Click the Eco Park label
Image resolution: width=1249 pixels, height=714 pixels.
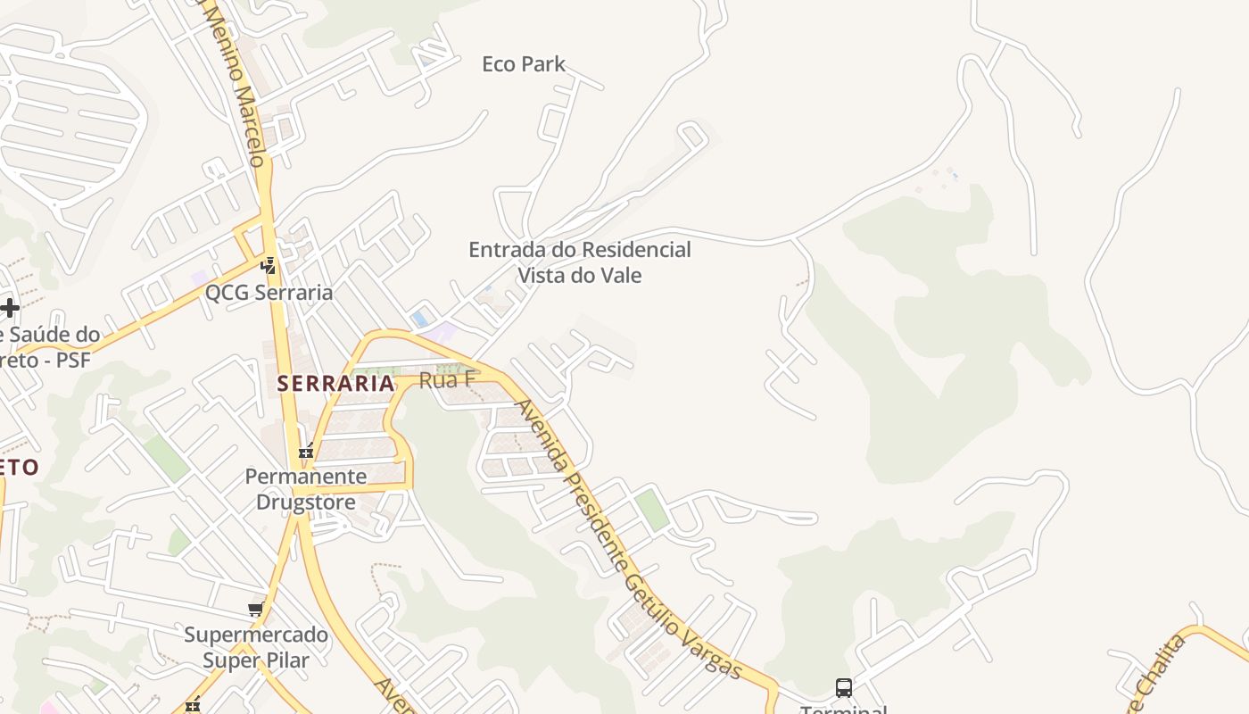[x=524, y=64]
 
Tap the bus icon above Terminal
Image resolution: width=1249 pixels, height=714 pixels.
[x=843, y=687]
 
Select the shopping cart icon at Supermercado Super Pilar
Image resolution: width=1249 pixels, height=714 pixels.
[x=256, y=610]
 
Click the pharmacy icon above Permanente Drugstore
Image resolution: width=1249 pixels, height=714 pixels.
[x=306, y=452]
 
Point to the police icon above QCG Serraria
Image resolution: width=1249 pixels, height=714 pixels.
[x=268, y=265]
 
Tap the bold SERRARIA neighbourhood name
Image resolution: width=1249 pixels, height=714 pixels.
[x=335, y=384]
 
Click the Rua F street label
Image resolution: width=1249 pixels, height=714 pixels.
[x=447, y=380]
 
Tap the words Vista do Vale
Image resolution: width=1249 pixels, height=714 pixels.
[x=580, y=275]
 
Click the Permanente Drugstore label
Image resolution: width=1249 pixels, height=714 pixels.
[x=306, y=489]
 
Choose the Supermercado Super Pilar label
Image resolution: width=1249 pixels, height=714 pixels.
[x=256, y=648]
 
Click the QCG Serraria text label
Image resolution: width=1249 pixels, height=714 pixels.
[x=269, y=292]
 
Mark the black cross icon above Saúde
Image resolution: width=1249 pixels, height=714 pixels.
[x=10, y=308]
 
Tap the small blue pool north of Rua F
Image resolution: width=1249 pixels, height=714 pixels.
[x=419, y=319]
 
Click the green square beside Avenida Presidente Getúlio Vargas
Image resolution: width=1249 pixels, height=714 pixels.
[x=652, y=509]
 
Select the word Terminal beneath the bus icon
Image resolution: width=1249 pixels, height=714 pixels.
[x=843, y=710]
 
